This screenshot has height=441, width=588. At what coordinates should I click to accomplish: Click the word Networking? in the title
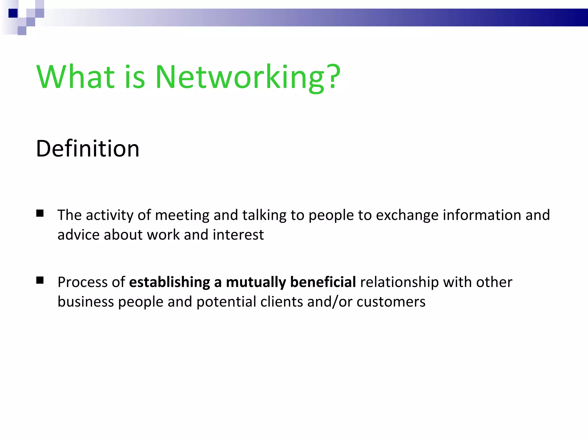pyautogui.click(x=247, y=78)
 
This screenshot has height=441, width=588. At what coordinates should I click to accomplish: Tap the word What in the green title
pyautogui.click(x=76, y=77)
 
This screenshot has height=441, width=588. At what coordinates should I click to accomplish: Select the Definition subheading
pyautogui.click(x=88, y=149)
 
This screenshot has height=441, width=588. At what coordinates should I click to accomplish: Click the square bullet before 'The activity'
pyautogui.click(x=40, y=213)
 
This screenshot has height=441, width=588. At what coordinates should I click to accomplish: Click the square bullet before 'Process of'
pyautogui.click(x=40, y=280)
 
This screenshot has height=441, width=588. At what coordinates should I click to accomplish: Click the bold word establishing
pyautogui.click(x=169, y=282)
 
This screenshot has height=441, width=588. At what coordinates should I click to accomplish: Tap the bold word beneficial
pyautogui.click(x=323, y=282)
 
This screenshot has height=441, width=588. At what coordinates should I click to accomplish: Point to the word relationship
pyautogui.click(x=399, y=282)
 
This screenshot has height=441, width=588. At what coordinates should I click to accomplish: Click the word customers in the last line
pyautogui.click(x=391, y=302)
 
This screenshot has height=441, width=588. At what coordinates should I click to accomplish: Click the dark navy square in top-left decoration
pyautogui.click(x=13, y=13)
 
